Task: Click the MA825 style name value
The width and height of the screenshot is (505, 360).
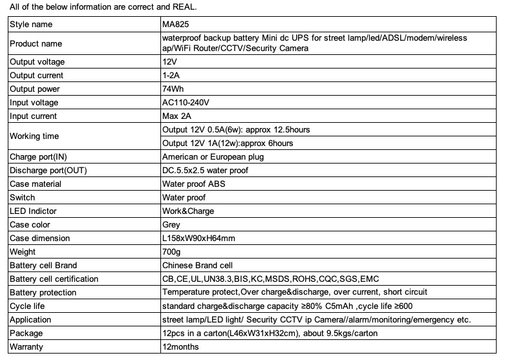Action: point(175,25)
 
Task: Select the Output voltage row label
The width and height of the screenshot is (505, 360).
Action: point(37,62)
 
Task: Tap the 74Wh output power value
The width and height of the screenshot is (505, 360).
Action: point(174,89)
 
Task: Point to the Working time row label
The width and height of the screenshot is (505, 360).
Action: point(34,136)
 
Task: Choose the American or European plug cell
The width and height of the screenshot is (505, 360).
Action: point(213,157)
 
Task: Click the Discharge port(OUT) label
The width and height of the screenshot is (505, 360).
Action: point(47,171)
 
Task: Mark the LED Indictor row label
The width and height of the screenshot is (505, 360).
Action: point(34,211)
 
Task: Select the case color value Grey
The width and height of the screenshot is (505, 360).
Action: point(171,225)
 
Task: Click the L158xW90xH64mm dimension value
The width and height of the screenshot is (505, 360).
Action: point(198,238)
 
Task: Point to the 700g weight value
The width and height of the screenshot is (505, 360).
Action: point(171,252)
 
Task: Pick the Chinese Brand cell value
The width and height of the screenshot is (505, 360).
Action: point(197,266)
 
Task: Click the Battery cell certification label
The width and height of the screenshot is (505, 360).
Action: point(54,279)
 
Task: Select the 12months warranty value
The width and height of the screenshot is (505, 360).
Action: point(180,347)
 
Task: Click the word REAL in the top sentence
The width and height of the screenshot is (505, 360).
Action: point(181,7)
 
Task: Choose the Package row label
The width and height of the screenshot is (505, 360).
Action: point(27,334)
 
